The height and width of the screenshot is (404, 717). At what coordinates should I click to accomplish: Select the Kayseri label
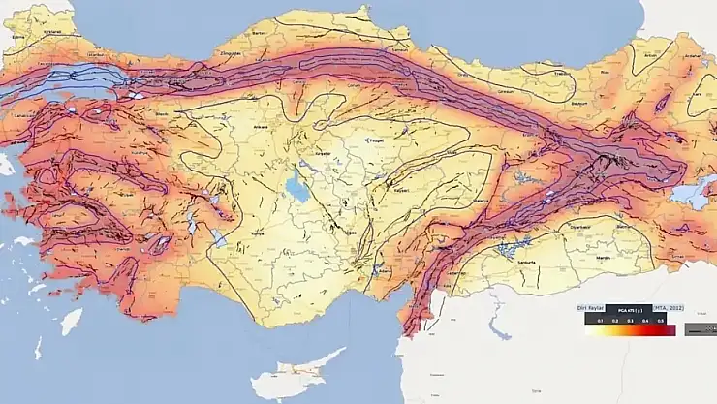[x=400, y=190]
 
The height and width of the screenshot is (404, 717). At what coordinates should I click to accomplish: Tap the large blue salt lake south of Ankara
[x=299, y=185]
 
